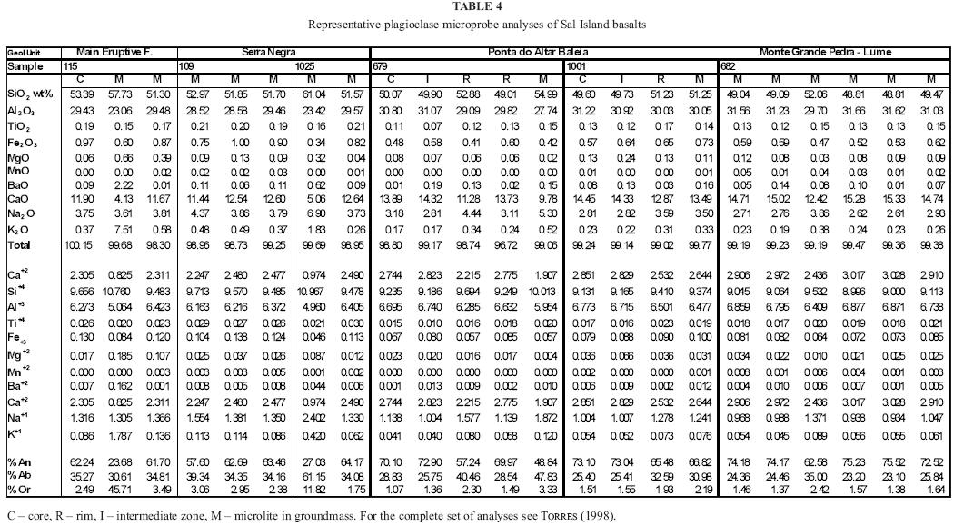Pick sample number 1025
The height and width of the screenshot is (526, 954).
(x=306, y=66)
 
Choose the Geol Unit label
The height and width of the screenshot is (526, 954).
(x=25, y=53)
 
